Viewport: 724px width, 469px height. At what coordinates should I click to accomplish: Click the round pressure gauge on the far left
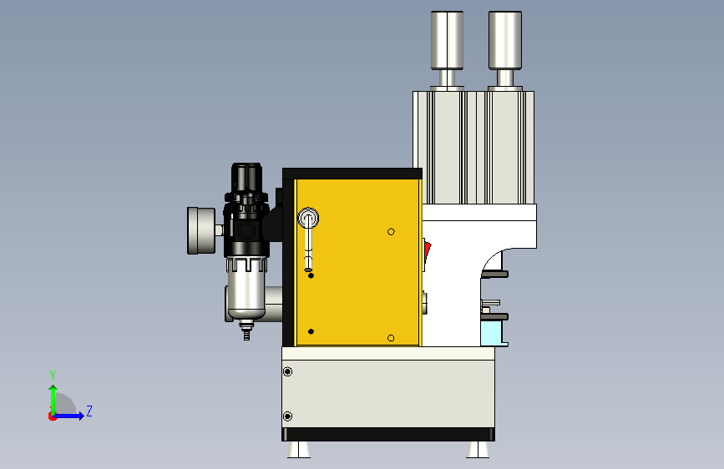click(201, 231)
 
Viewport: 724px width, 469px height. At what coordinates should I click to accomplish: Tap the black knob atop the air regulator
click(246, 177)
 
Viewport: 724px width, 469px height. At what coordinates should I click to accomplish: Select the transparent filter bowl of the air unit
click(246, 289)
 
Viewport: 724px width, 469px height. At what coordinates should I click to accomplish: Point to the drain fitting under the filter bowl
click(246, 331)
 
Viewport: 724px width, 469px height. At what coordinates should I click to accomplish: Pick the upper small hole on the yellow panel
click(391, 232)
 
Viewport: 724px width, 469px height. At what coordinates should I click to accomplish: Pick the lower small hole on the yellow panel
click(391, 338)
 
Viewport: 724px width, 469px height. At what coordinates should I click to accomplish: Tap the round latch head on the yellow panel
click(308, 218)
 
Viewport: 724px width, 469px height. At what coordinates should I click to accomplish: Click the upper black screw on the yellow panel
click(311, 275)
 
